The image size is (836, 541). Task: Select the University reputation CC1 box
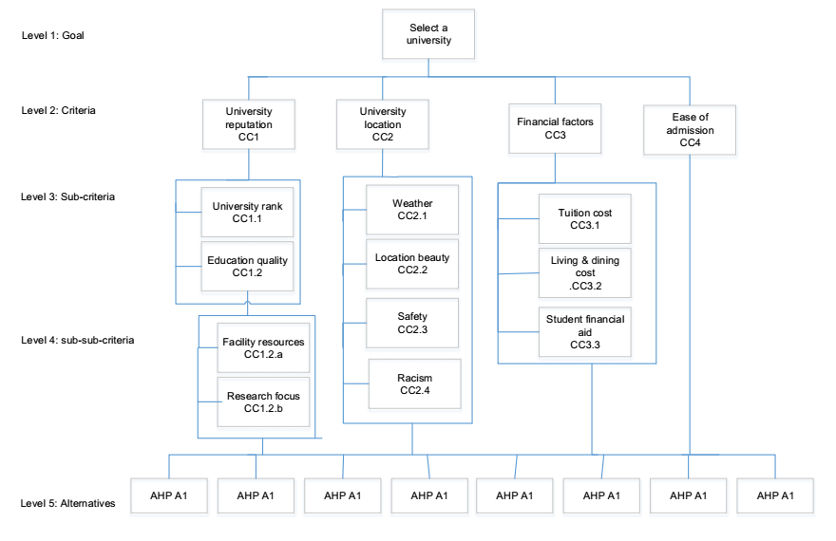(249, 124)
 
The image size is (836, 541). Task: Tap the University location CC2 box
(383, 124)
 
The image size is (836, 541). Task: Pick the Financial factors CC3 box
(555, 128)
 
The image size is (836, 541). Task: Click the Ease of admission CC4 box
(691, 130)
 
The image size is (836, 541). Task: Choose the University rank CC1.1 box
(247, 212)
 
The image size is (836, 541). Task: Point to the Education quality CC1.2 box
(247, 267)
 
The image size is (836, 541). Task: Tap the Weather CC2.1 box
(412, 210)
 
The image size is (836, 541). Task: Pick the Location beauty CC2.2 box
(412, 264)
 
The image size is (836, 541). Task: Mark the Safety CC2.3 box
(412, 323)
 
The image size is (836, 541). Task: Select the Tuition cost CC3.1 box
(584, 219)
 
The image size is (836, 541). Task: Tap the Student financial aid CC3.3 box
(584, 332)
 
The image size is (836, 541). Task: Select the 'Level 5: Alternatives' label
(68, 504)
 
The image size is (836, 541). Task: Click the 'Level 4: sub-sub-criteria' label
(78, 339)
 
